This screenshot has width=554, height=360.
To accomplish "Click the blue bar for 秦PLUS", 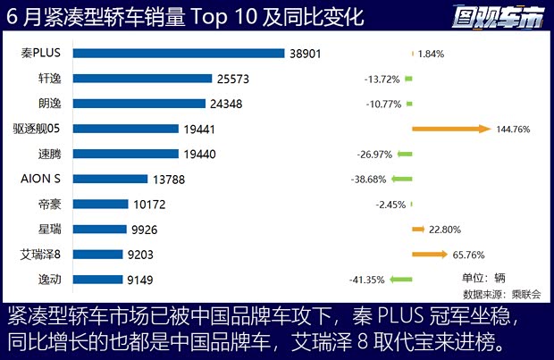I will pos(179,54).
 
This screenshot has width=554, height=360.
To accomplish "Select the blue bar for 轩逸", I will pos(142,79).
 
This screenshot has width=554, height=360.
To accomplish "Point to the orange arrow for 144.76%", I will pos(451,129).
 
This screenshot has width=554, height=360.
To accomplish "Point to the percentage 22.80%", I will pos(445,230).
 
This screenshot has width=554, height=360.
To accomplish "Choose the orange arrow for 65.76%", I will pos(429,255).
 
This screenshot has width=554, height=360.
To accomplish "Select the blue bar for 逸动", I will pos(97,280).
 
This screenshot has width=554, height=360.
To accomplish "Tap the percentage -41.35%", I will pos(368,280).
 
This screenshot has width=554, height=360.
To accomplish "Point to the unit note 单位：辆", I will pos(483,277).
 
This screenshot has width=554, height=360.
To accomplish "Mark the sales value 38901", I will pos(306,54).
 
